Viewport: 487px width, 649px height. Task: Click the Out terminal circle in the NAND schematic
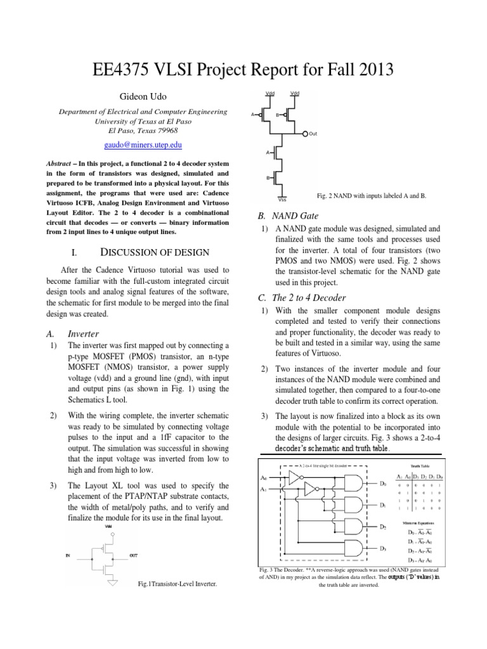[x=306, y=134]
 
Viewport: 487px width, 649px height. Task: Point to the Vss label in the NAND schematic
[x=283, y=200]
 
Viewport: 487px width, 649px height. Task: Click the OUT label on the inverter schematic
[x=133, y=555]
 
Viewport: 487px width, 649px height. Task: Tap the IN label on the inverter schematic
[x=68, y=555]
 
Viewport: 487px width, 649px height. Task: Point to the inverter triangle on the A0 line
[x=294, y=475]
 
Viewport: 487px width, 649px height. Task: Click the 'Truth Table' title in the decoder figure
[x=420, y=464]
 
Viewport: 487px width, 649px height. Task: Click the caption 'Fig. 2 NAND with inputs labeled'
[x=372, y=196]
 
